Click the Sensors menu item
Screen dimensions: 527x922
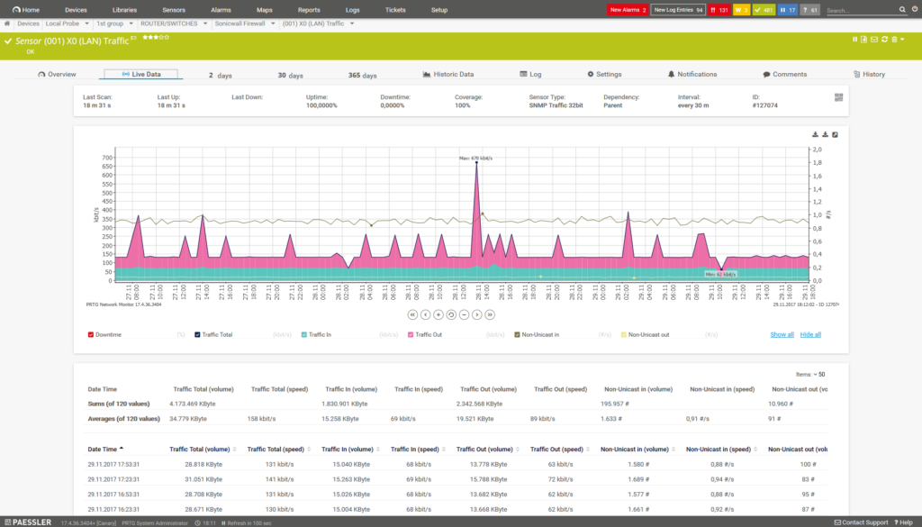pyautogui.click(x=174, y=9)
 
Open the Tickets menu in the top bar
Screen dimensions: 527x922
pyautogui.click(x=395, y=9)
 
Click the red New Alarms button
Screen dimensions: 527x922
pyautogui.click(x=627, y=9)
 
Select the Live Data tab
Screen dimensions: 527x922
pyautogui.click(x=141, y=74)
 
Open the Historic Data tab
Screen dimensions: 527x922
pyautogui.click(x=448, y=74)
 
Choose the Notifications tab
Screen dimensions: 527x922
pyautogui.click(x=692, y=74)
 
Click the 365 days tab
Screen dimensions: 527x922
pyautogui.click(x=362, y=75)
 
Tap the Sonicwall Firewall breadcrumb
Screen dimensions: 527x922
pyautogui.click(x=246, y=23)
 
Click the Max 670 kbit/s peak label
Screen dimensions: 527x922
pyautogui.click(x=475, y=158)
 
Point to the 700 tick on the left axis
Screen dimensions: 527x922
pyautogui.click(x=107, y=158)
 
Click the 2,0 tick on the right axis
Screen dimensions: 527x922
pyautogui.click(x=817, y=150)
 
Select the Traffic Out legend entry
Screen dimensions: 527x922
pyautogui.click(x=433, y=334)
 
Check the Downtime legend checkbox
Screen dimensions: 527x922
pyautogui.click(x=91, y=334)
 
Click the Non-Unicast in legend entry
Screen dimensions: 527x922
pyautogui.click(x=539, y=334)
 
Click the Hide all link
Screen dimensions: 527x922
pyautogui.click(x=810, y=334)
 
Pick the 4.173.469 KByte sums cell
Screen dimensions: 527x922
pyautogui.click(x=197, y=404)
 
